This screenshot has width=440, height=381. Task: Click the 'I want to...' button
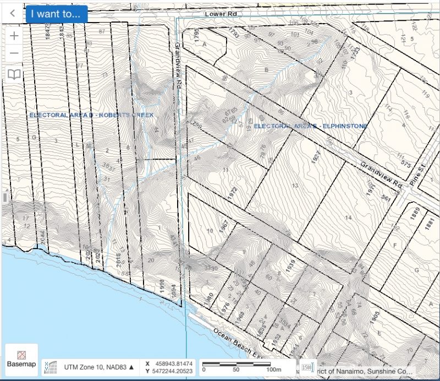[x=56, y=14]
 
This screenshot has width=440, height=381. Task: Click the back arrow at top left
[x=12, y=14]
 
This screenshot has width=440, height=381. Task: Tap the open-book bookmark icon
[x=14, y=74]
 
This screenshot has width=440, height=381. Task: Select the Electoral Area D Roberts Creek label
[x=91, y=115]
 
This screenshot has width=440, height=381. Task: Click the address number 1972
[x=232, y=193]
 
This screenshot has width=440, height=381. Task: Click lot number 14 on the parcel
[x=347, y=218]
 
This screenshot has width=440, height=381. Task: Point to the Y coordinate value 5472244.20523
[x=172, y=371]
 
